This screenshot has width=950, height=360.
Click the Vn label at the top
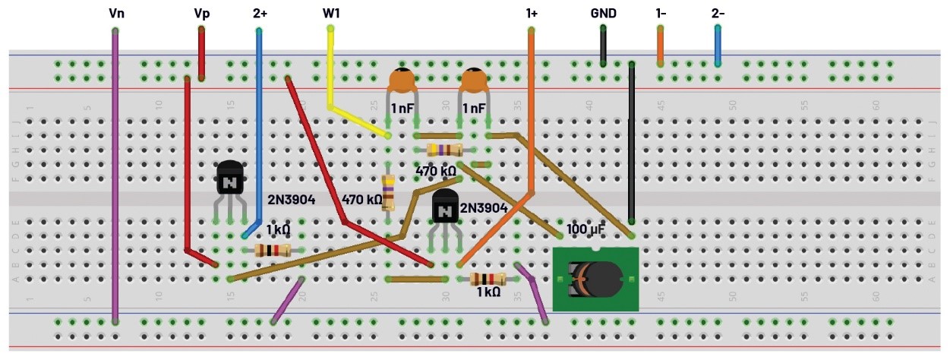click(115, 13)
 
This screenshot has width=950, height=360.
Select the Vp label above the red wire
click(201, 13)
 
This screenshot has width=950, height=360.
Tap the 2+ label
click(260, 13)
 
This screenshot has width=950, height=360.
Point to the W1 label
click(331, 13)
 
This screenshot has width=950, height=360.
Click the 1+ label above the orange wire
click(532, 13)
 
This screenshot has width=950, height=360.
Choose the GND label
click(603, 13)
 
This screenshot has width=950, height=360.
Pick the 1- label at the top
click(661, 13)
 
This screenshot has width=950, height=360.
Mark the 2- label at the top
click(718, 13)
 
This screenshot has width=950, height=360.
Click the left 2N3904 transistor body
click(230, 180)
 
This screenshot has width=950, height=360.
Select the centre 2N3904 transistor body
click(446, 207)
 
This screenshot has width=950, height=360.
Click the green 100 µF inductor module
click(595, 279)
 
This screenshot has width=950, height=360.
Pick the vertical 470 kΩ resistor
click(388, 191)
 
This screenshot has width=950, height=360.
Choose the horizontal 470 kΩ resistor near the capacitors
click(444, 150)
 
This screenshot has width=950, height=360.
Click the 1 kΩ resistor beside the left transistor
click(273, 250)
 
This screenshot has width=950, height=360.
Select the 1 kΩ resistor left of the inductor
click(488, 279)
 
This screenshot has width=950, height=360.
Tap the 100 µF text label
click(585, 229)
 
